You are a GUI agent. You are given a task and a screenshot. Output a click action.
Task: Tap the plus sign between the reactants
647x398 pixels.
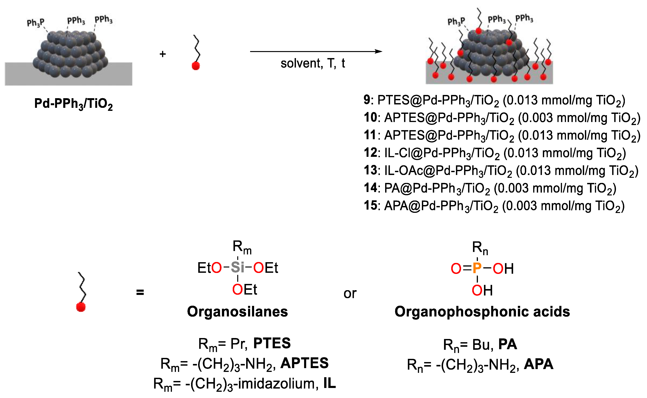click(x=162, y=54)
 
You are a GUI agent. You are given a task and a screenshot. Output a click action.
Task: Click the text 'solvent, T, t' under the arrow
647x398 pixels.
click(x=313, y=63)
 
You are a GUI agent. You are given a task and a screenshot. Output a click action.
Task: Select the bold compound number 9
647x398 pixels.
click(x=367, y=100)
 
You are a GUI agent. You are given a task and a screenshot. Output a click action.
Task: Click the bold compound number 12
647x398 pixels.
click(x=370, y=153)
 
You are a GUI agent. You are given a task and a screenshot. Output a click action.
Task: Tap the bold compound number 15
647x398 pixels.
click(x=370, y=206)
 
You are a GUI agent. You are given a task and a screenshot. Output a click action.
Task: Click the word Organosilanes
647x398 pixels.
click(x=237, y=312)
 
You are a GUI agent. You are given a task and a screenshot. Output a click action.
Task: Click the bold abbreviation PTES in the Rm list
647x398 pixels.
click(x=272, y=343)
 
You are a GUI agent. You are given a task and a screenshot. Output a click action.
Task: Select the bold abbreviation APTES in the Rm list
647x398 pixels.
click(x=304, y=363)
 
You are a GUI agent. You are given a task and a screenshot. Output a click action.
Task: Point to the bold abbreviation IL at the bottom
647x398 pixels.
click(x=329, y=383)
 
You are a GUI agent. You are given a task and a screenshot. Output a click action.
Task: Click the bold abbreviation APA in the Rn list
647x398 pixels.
click(x=539, y=364)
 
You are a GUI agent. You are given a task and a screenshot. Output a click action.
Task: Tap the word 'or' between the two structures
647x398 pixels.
click(x=350, y=294)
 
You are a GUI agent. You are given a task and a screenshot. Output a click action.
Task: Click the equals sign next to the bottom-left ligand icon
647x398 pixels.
click(x=140, y=292)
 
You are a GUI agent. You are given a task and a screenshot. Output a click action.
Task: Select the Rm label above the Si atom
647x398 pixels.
click(x=242, y=247)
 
